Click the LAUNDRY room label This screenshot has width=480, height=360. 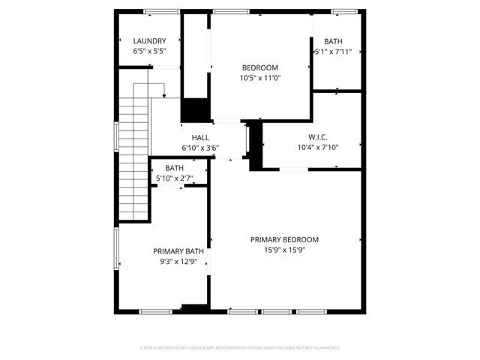click(149, 41)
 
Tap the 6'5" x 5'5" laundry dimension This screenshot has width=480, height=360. click(149, 52)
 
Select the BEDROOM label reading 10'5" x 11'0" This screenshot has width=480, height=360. click(259, 67)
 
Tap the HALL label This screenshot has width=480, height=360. click(200, 137)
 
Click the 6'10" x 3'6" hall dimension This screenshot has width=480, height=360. click(200, 148)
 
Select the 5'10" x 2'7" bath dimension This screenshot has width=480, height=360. click(175, 178)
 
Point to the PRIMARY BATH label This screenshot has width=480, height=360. click(178, 251)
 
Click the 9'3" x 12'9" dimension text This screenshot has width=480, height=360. click(178, 262)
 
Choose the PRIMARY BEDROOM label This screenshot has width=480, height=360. click(284, 239)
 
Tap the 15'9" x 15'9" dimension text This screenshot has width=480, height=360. click(284, 250)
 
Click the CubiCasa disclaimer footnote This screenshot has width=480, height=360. click(240, 348)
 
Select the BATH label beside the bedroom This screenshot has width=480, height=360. click(334, 41)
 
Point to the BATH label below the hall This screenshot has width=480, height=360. click(175, 168)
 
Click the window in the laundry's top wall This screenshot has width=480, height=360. click(157, 11)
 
